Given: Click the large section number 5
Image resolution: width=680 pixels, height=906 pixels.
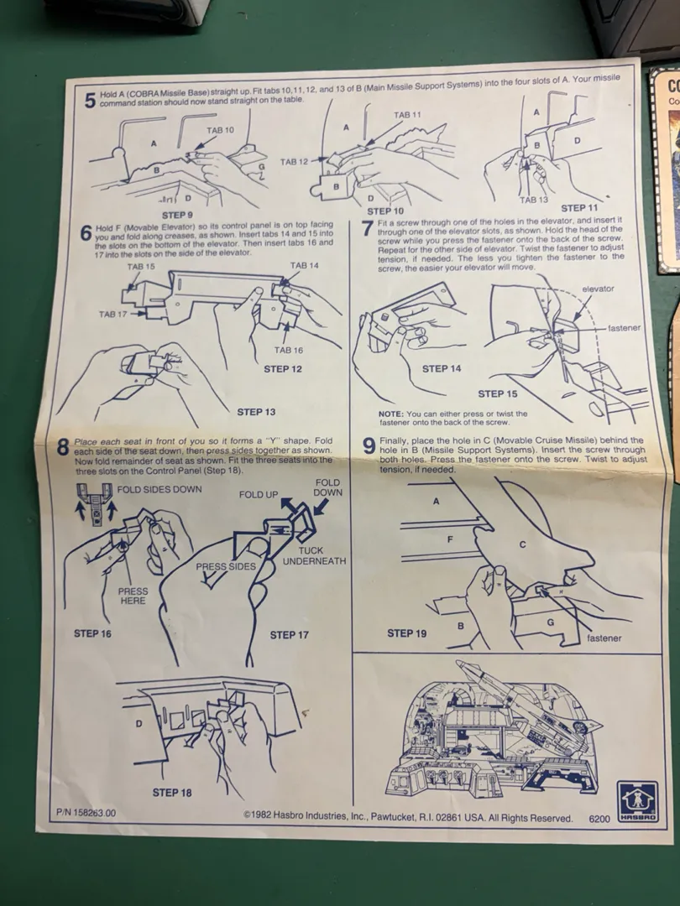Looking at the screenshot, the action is (90, 101).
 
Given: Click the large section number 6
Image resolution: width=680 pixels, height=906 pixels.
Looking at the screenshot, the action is (86, 233).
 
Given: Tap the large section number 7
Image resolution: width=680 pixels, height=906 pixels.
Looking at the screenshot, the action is (367, 227).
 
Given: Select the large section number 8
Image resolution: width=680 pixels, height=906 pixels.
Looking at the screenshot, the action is (63, 448).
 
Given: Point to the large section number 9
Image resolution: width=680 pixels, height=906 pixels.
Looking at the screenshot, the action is (369, 446).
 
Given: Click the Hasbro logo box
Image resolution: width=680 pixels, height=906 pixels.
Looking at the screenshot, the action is (637, 801).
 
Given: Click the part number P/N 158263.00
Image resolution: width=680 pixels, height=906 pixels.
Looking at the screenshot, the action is (86, 813).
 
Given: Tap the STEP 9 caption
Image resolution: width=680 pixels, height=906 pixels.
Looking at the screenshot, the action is (177, 216).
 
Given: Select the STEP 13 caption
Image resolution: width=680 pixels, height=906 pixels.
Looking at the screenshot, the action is (256, 412).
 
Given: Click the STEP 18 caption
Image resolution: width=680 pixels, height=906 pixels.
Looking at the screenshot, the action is (172, 793).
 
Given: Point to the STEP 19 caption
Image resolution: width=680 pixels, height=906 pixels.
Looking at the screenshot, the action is (406, 633).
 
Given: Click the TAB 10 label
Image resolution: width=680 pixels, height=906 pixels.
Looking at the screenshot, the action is (220, 130).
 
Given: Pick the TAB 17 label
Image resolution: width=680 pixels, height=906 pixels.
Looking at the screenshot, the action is (112, 315).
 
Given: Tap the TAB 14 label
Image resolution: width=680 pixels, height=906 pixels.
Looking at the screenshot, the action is (304, 265).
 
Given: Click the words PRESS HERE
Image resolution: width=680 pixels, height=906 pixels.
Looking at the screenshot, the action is (133, 596).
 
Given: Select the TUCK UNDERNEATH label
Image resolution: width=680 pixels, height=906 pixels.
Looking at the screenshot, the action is (314, 556).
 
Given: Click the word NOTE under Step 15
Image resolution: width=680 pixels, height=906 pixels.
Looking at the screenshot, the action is (391, 414).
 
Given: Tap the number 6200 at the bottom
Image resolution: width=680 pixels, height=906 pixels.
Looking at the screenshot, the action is (599, 819).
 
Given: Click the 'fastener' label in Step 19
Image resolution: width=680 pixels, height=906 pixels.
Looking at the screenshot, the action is (604, 638).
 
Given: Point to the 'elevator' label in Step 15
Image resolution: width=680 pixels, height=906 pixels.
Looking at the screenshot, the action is (598, 289).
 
